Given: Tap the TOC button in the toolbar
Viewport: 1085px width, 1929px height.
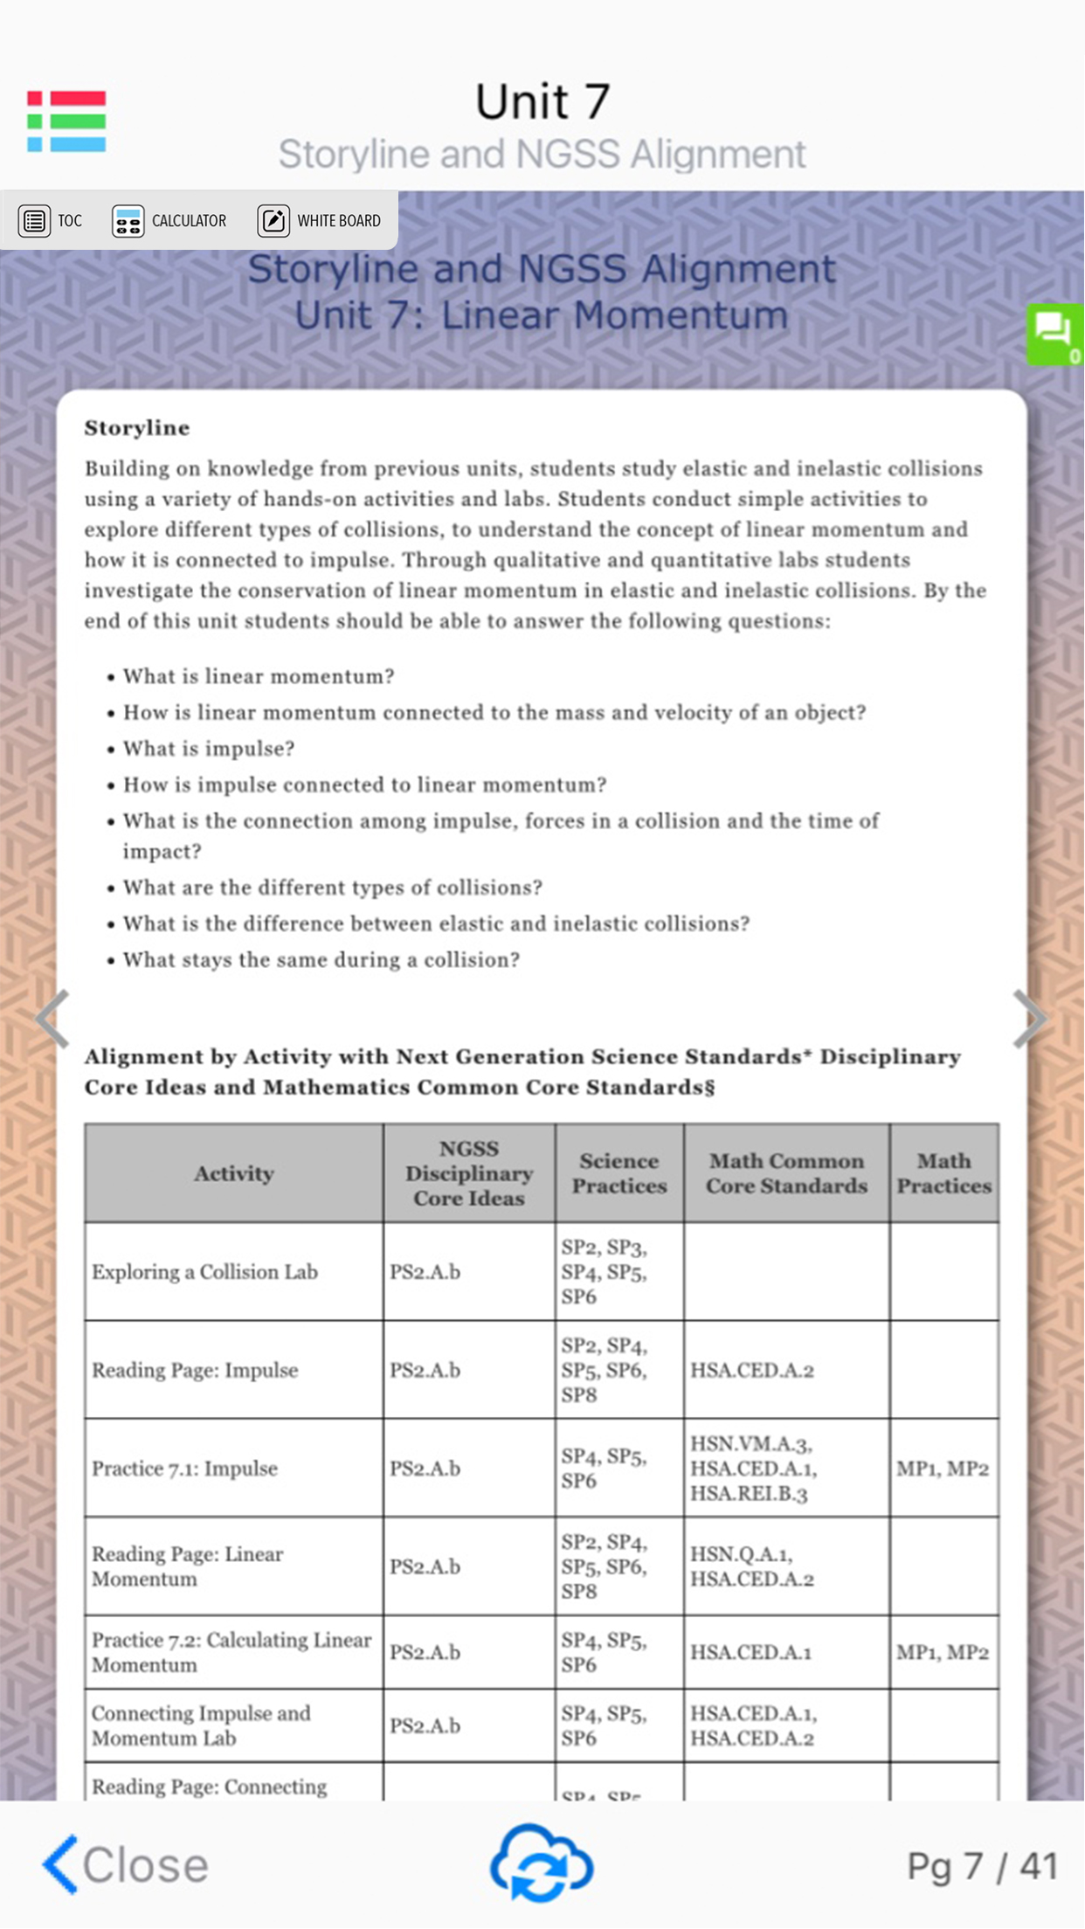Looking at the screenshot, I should pyautogui.click(x=52, y=221).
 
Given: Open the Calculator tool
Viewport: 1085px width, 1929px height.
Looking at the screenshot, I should pyautogui.click(x=169, y=221).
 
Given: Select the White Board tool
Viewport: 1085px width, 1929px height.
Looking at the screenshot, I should pyautogui.click(x=320, y=221).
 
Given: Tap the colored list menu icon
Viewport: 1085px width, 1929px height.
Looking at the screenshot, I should pyautogui.click(x=66, y=121).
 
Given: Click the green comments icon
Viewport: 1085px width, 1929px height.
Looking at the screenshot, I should pyautogui.click(x=1054, y=334).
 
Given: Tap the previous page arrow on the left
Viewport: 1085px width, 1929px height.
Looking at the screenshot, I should pyautogui.click(x=52, y=1019).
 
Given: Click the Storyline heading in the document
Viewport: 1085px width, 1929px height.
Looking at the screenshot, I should pyautogui.click(x=137, y=427).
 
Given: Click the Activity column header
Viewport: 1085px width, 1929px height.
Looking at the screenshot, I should pyautogui.click(x=233, y=1173).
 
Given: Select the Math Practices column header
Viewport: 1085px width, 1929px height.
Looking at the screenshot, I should pyautogui.click(x=943, y=1173).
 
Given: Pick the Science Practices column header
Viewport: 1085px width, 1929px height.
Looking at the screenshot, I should pyautogui.click(x=619, y=1173).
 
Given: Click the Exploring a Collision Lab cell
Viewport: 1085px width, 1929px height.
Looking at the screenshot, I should pyautogui.click(x=204, y=1272).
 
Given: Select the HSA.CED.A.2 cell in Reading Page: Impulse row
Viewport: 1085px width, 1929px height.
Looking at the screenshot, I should pyautogui.click(x=752, y=1370).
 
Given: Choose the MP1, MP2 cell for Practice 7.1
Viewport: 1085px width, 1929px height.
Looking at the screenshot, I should pyautogui.click(x=943, y=1469).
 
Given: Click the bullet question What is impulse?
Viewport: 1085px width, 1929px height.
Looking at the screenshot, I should pyautogui.click(x=209, y=749).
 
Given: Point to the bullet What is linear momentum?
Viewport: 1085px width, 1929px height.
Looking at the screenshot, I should pyautogui.click(x=259, y=676).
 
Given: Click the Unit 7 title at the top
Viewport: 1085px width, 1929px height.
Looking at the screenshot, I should pyautogui.click(x=542, y=101).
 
